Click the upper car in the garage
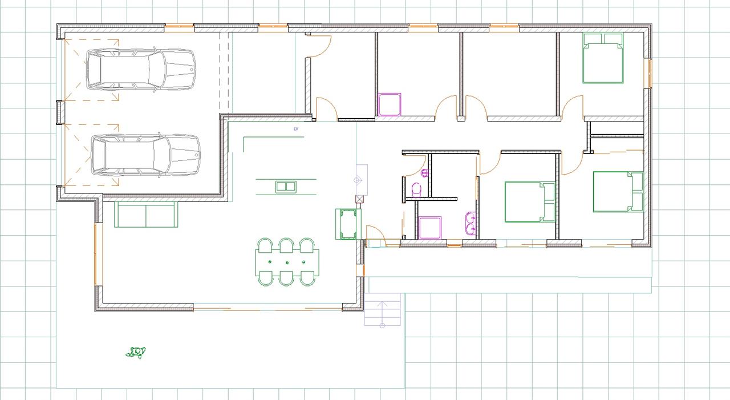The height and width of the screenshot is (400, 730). tap(141, 69)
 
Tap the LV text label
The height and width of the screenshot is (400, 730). tap(296, 129)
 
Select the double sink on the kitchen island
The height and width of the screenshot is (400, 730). tap(286, 187)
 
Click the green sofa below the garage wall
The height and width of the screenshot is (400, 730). tap(146, 214)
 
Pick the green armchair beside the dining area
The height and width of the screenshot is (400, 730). tap(348, 224)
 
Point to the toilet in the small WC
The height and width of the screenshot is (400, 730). tap(416, 190)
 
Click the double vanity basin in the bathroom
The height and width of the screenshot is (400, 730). tap(471, 223)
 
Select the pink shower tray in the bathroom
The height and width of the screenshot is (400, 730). tap(430, 228)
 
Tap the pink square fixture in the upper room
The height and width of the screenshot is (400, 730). tap(390, 104)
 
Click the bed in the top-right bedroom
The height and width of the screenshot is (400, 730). tap(603, 58)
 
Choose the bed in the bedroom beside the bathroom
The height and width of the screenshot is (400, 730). tap(530, 202)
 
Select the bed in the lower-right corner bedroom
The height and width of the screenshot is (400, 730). tap(618, 192)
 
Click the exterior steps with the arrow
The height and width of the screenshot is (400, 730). tap(382, 310)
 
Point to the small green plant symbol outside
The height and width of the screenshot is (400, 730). tap(136, 353)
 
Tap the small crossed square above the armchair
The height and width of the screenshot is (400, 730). tap(359, 199)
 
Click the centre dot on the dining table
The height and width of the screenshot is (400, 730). tap(287, 262)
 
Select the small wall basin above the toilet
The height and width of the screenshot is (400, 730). tap(425, 173)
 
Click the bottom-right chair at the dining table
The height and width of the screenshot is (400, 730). tap(307, 278)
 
